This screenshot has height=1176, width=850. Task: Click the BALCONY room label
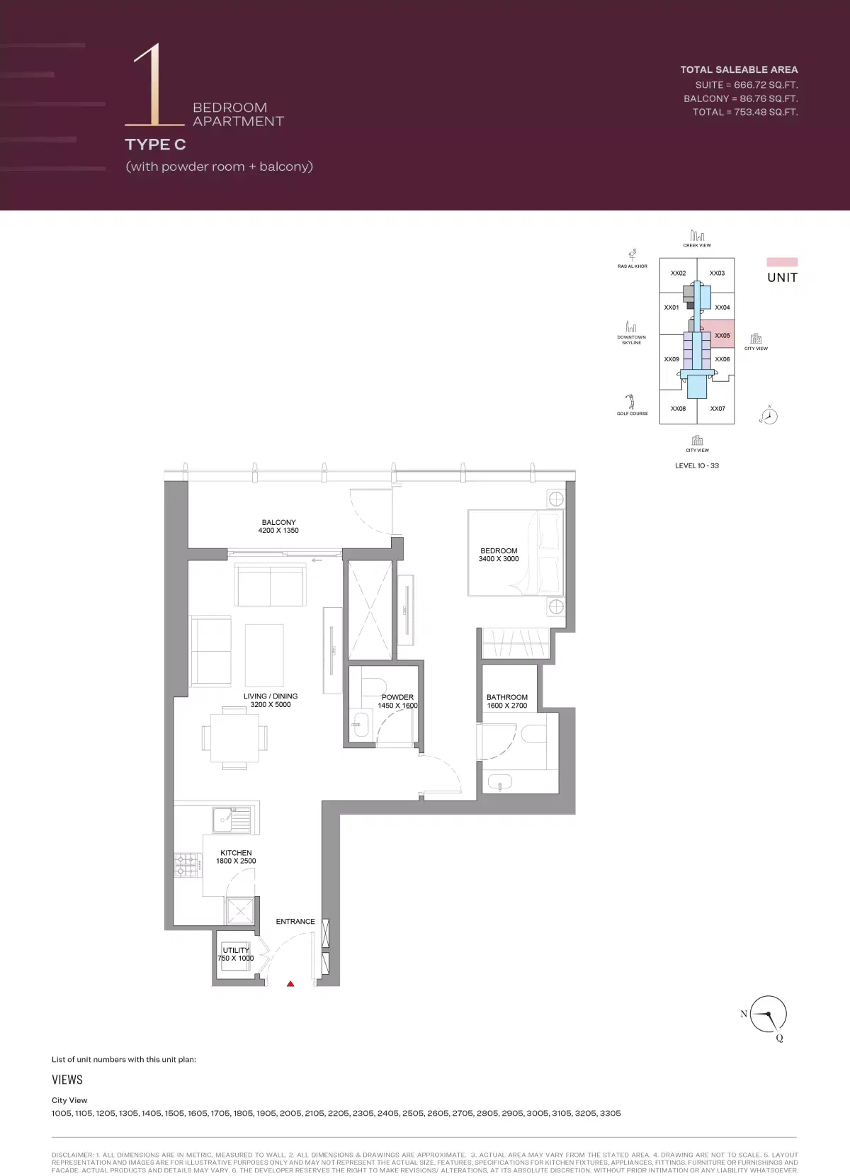point(278,522)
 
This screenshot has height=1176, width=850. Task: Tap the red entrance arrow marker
point(290,983)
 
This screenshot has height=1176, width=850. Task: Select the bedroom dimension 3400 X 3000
point(499,559)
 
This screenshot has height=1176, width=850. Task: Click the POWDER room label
point(397,697)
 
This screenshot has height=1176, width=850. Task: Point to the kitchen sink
point(232,820)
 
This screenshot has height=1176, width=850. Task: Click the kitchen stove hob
point(186,864)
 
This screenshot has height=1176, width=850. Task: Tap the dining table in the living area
point(234,737)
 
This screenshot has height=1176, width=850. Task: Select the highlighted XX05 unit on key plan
point(718,334)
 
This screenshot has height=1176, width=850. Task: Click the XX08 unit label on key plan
point(678,409)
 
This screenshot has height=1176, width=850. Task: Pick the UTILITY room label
point(236,950)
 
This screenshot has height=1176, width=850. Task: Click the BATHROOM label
point(507,697)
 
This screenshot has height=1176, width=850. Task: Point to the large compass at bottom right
point(768,1014)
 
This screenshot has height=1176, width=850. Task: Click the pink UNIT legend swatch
point(782,262)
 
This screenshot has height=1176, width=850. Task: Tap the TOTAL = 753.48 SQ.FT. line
point(744,112)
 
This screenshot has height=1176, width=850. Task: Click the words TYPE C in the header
point(155,145)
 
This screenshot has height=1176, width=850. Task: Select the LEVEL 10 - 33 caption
point(697,465)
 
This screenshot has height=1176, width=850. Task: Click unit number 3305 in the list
point(610,1113)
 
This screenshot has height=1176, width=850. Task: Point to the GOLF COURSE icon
point(630,402)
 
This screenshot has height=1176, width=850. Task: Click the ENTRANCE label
point(295,922)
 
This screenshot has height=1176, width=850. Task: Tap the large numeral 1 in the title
point(150,85)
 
